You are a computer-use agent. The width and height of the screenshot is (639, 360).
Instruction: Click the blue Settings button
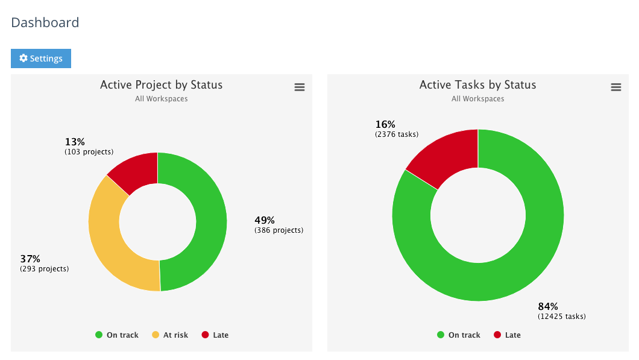tap(41, 58)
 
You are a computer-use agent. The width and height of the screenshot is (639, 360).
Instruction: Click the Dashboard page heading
tap(45, 23)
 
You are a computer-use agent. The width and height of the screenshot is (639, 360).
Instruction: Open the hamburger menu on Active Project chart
tap(299, 87)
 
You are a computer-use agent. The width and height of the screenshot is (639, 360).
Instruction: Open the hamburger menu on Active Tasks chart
tap(615, 87)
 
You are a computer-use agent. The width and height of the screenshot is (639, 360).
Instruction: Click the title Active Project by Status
tap(161, 85)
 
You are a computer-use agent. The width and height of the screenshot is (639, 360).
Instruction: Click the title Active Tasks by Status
tap(477, 85)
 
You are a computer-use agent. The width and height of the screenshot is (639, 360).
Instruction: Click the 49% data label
tap(264, 221)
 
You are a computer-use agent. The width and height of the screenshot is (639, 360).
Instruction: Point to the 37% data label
tap(30, 259)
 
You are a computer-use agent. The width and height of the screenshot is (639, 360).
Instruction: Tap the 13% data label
tap(75, 142)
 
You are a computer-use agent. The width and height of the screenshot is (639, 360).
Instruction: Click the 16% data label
tap(385, 125)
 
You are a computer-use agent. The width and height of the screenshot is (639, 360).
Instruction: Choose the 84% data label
tap(548, 306)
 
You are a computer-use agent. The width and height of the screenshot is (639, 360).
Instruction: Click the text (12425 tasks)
tap(561, 317)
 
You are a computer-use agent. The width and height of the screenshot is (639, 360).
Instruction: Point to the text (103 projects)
tap(89, 152)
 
